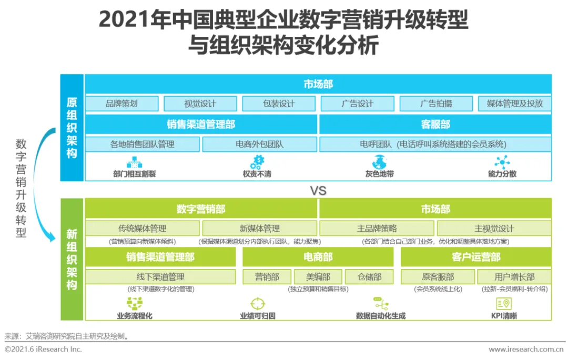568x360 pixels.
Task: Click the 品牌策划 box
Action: coord(121,104)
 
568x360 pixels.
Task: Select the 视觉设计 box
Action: coord(200,104)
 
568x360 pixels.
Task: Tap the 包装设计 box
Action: coord(279,104)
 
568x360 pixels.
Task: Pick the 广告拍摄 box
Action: coord(436,104)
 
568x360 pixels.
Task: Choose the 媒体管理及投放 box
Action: coord(514,104)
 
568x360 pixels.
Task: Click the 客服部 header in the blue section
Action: coord(435,125)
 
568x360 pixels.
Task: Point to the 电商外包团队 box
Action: coord(259,144)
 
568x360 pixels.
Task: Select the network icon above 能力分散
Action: coord(502,162)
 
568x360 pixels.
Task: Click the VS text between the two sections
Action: coord(318,190)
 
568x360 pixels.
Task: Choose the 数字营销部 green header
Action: coord(201,209)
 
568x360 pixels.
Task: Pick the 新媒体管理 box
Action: coord(259,229)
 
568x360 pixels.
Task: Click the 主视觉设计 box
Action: coord(494,229)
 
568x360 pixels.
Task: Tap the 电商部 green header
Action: coord(318,257)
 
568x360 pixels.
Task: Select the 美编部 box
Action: coord(318,276)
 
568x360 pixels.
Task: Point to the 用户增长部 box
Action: coord(514,276)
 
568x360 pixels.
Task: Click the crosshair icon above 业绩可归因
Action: coord(257,304)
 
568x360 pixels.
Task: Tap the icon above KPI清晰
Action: coord(503,304)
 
